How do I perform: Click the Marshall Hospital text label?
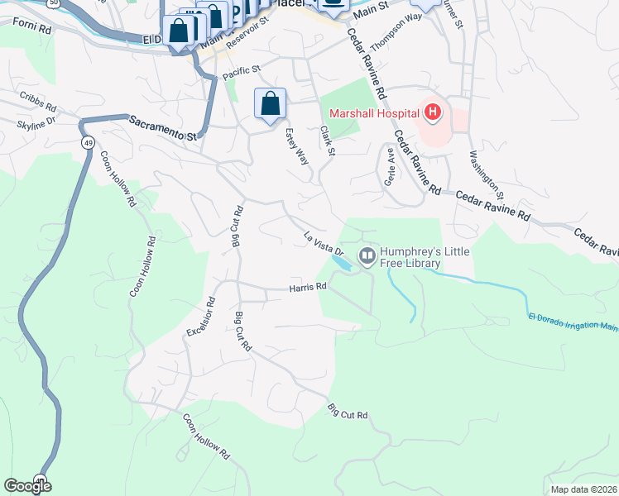click(x=371, y=113)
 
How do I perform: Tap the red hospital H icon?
click(x=432, y=111)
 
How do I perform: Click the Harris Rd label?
click(x=308, y=287)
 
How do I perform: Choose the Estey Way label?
click(x=296, y=145)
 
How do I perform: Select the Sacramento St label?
click(x=165, y=127)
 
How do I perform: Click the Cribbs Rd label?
click(x=37, y=107)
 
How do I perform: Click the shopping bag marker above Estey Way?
click(x=270, y=104)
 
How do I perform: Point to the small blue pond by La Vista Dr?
click(x=340, y=262)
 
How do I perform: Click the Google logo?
click(x=28, y=486)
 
